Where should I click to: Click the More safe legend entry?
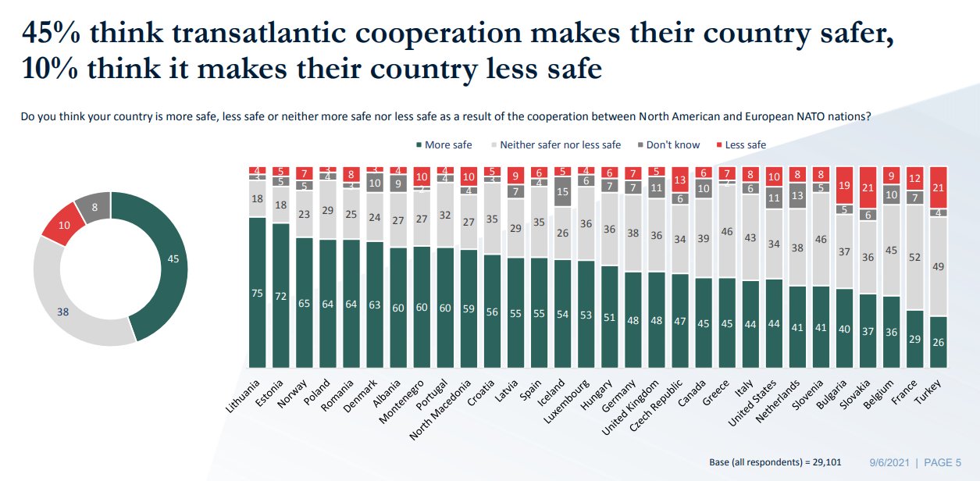(444, 144)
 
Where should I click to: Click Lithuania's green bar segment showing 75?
(257, 292)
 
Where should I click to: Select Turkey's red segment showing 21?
(939, 187)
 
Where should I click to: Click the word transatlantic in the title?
(305, 34)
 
